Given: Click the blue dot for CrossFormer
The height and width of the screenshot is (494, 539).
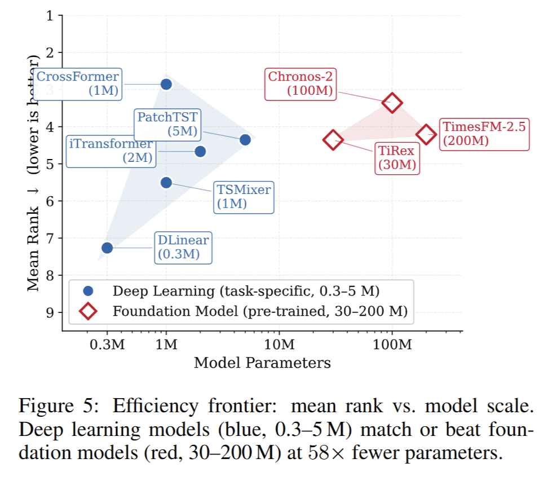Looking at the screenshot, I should click(166, 84).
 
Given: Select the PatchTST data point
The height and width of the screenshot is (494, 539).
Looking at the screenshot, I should click(245, 139).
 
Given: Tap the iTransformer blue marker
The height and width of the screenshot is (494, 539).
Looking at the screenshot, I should click(200, 151).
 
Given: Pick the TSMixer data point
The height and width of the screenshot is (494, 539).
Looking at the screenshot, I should click(166, 182).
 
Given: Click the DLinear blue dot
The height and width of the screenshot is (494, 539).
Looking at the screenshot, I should click(107, 248).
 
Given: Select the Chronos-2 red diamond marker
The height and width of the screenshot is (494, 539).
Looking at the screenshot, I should click(392, 103).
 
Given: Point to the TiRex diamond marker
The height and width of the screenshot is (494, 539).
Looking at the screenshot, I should click(333, 139).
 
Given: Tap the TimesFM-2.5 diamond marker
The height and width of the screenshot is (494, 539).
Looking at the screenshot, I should click(426, 134).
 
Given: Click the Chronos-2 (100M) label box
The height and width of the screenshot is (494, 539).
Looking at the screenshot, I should click(301, 83).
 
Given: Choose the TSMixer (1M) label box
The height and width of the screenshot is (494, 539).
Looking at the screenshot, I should click(244, 197).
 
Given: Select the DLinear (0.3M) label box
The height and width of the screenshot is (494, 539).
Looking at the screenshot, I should click(183, 248).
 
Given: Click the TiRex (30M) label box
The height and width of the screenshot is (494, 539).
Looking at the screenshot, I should click(396, 158).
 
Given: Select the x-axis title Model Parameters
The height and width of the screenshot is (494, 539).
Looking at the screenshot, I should click(262, 363).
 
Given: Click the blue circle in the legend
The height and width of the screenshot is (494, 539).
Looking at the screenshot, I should click(87, 291).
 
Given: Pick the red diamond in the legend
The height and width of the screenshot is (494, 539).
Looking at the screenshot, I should click(87, 311).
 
